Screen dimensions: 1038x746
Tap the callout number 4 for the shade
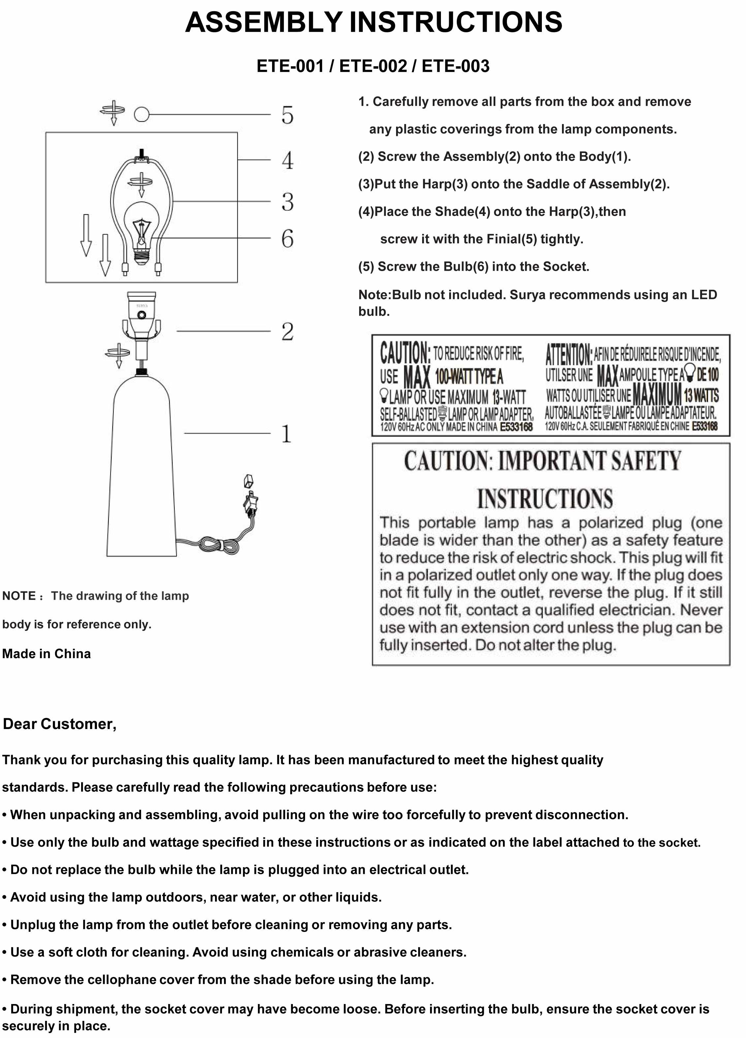[287, 160]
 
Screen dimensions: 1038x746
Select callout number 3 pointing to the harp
[287, 202]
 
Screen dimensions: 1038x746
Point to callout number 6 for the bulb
[287, 238]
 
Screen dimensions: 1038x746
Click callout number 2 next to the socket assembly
[287, 332]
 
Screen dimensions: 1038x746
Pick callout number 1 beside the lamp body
[286, 434]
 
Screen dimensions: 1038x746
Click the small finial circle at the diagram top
[141, 114]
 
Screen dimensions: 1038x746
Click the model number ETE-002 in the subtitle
[373, 66]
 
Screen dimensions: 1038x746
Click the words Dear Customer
[59, 724]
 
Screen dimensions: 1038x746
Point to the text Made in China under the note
[46, 654]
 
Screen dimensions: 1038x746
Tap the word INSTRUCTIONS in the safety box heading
[544, 499]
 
